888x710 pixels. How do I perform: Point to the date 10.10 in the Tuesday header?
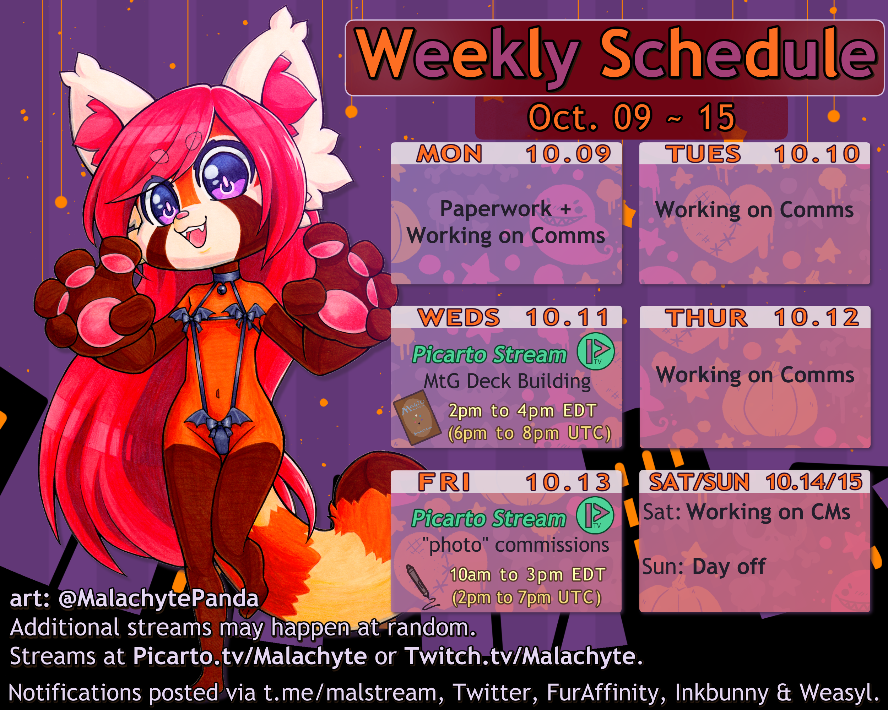pyautogui.click(x=817, y=154)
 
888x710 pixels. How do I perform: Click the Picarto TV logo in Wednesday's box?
pyautogui.click(x=596, y=351)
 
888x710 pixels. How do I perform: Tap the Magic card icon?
pyautogui.click(x=416, y=417)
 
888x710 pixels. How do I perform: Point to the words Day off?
pyautogui.click(x=729, y=567)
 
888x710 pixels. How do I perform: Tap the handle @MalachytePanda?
pyautogui.click(x=158, y=598)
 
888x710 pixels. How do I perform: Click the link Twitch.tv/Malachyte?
pyautogui.click(x=520, y=656)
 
